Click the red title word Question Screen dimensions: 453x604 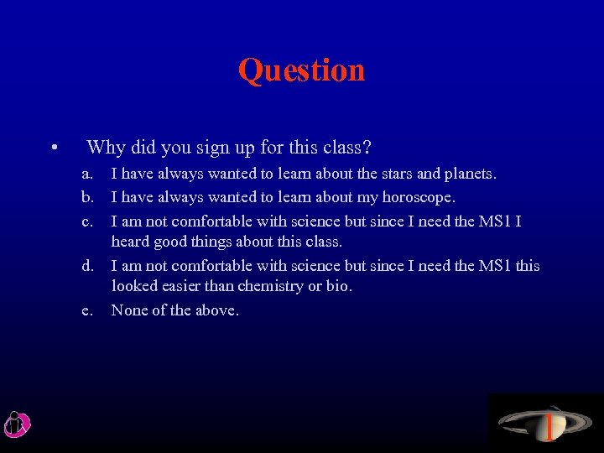pyautogui.click(x=301, y=70)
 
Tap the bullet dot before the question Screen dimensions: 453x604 pyautogui.click(x=53, y=150)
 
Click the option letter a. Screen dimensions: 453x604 pyautogui.click(x=86, y=174)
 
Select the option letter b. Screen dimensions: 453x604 pyautogui.click(x=86, y=198)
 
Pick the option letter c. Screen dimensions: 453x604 pyautogui.click(x=86, y=221)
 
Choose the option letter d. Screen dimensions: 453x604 pyautogui.click(x=86, y=267)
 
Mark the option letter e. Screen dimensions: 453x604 pyautogui.click(x=86, y=311)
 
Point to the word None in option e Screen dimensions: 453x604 pyautogui.click(x=129, y=311)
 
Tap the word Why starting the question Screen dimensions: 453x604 pyautogui.click(x=106, y=148)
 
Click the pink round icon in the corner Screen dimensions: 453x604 pyautogui.click(x=17, y=424)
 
